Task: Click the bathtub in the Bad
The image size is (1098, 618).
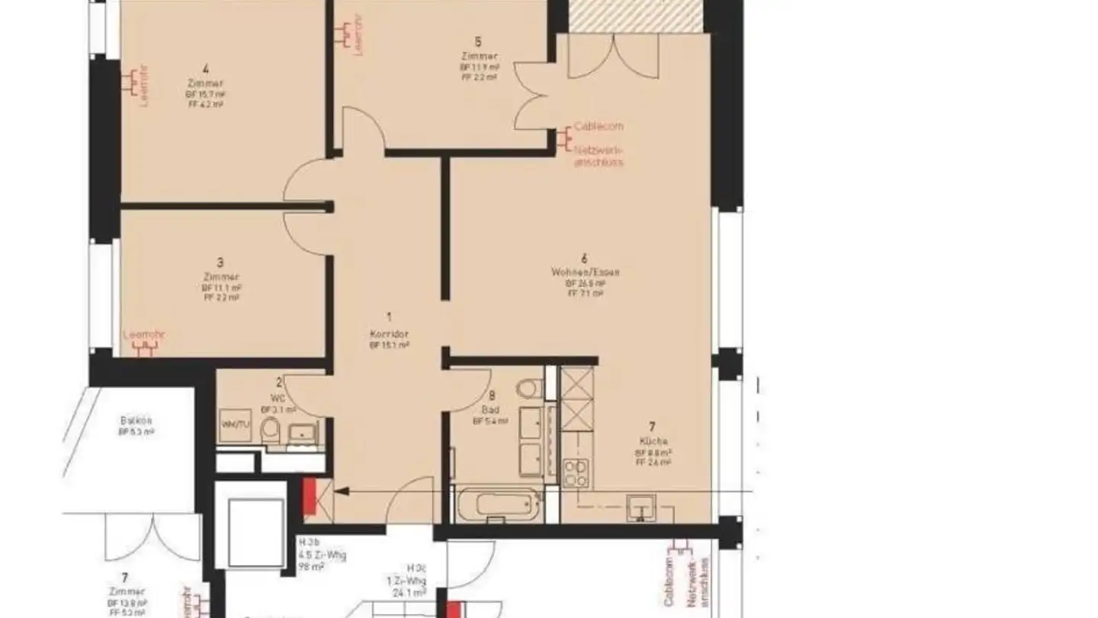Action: point(499,506)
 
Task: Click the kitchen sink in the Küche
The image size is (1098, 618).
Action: point(640,507)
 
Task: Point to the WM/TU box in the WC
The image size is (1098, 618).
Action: point(235,425)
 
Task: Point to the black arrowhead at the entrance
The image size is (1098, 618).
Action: point(339,493)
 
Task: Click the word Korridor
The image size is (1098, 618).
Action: point(388,334)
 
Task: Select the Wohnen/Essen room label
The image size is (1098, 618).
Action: point(585,272)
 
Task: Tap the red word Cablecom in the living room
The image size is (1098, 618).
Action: point(599,126)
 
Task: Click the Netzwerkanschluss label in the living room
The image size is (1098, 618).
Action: point(599,156)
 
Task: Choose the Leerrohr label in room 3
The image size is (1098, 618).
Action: point(144,334)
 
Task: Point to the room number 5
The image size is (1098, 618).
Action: point(478,41)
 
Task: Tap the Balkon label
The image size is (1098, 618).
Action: point(136,420)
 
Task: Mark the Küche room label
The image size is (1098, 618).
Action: point(653,441)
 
